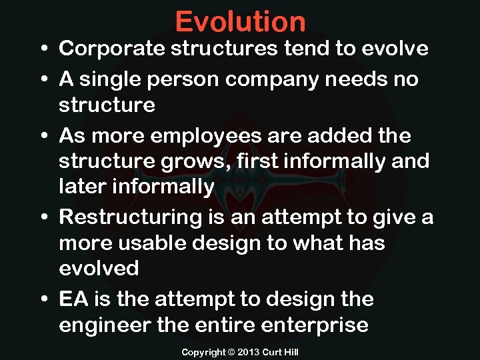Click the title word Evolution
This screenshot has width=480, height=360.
pyautogui.click(x=240, y=22)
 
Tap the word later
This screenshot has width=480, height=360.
pyautogui.click(x=83, y=187)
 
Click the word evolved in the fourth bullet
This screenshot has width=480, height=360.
pyautogui.click(x=99, y=269)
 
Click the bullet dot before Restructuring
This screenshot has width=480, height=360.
pyautogui.click(x=42, y=217)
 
